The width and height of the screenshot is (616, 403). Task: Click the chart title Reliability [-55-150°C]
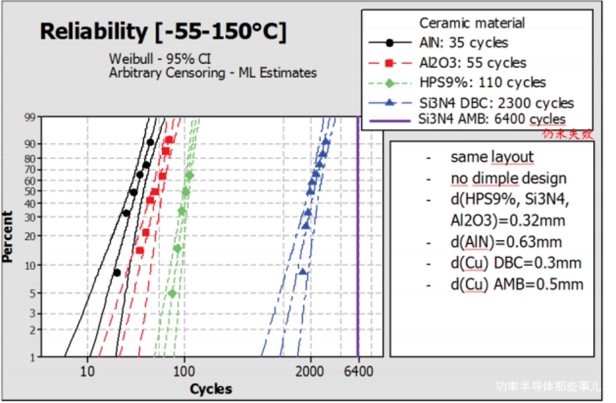tap(163, 32)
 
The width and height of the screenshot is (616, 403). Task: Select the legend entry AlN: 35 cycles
tap(463, 43)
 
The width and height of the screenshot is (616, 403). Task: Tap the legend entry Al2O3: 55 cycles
tap(472, 63)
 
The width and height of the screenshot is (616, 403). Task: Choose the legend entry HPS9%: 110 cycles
tap(482, 83)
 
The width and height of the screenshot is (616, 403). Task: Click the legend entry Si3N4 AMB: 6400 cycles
tap(492, 119)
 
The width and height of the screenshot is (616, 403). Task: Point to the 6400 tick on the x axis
tap(359, 371)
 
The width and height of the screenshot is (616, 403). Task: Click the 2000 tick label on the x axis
tap(310, 371)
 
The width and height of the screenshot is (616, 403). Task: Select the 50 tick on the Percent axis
tap(30, 192)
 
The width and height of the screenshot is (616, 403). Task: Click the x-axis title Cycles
tap(211, 389)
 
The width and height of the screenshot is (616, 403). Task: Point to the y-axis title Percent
tap(7, 237)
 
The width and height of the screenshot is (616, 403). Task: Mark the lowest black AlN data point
tap(117, 273)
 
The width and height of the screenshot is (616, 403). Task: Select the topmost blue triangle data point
tap(326, 141)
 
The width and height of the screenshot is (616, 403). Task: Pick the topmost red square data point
tap(169, 140)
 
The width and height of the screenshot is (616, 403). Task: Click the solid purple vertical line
tap(358, 233)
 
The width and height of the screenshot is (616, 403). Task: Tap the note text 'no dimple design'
tap(509, 179)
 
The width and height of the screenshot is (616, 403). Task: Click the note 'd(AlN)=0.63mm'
tap(506, 242)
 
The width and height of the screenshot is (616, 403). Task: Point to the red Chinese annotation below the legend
tap(567, 134)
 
